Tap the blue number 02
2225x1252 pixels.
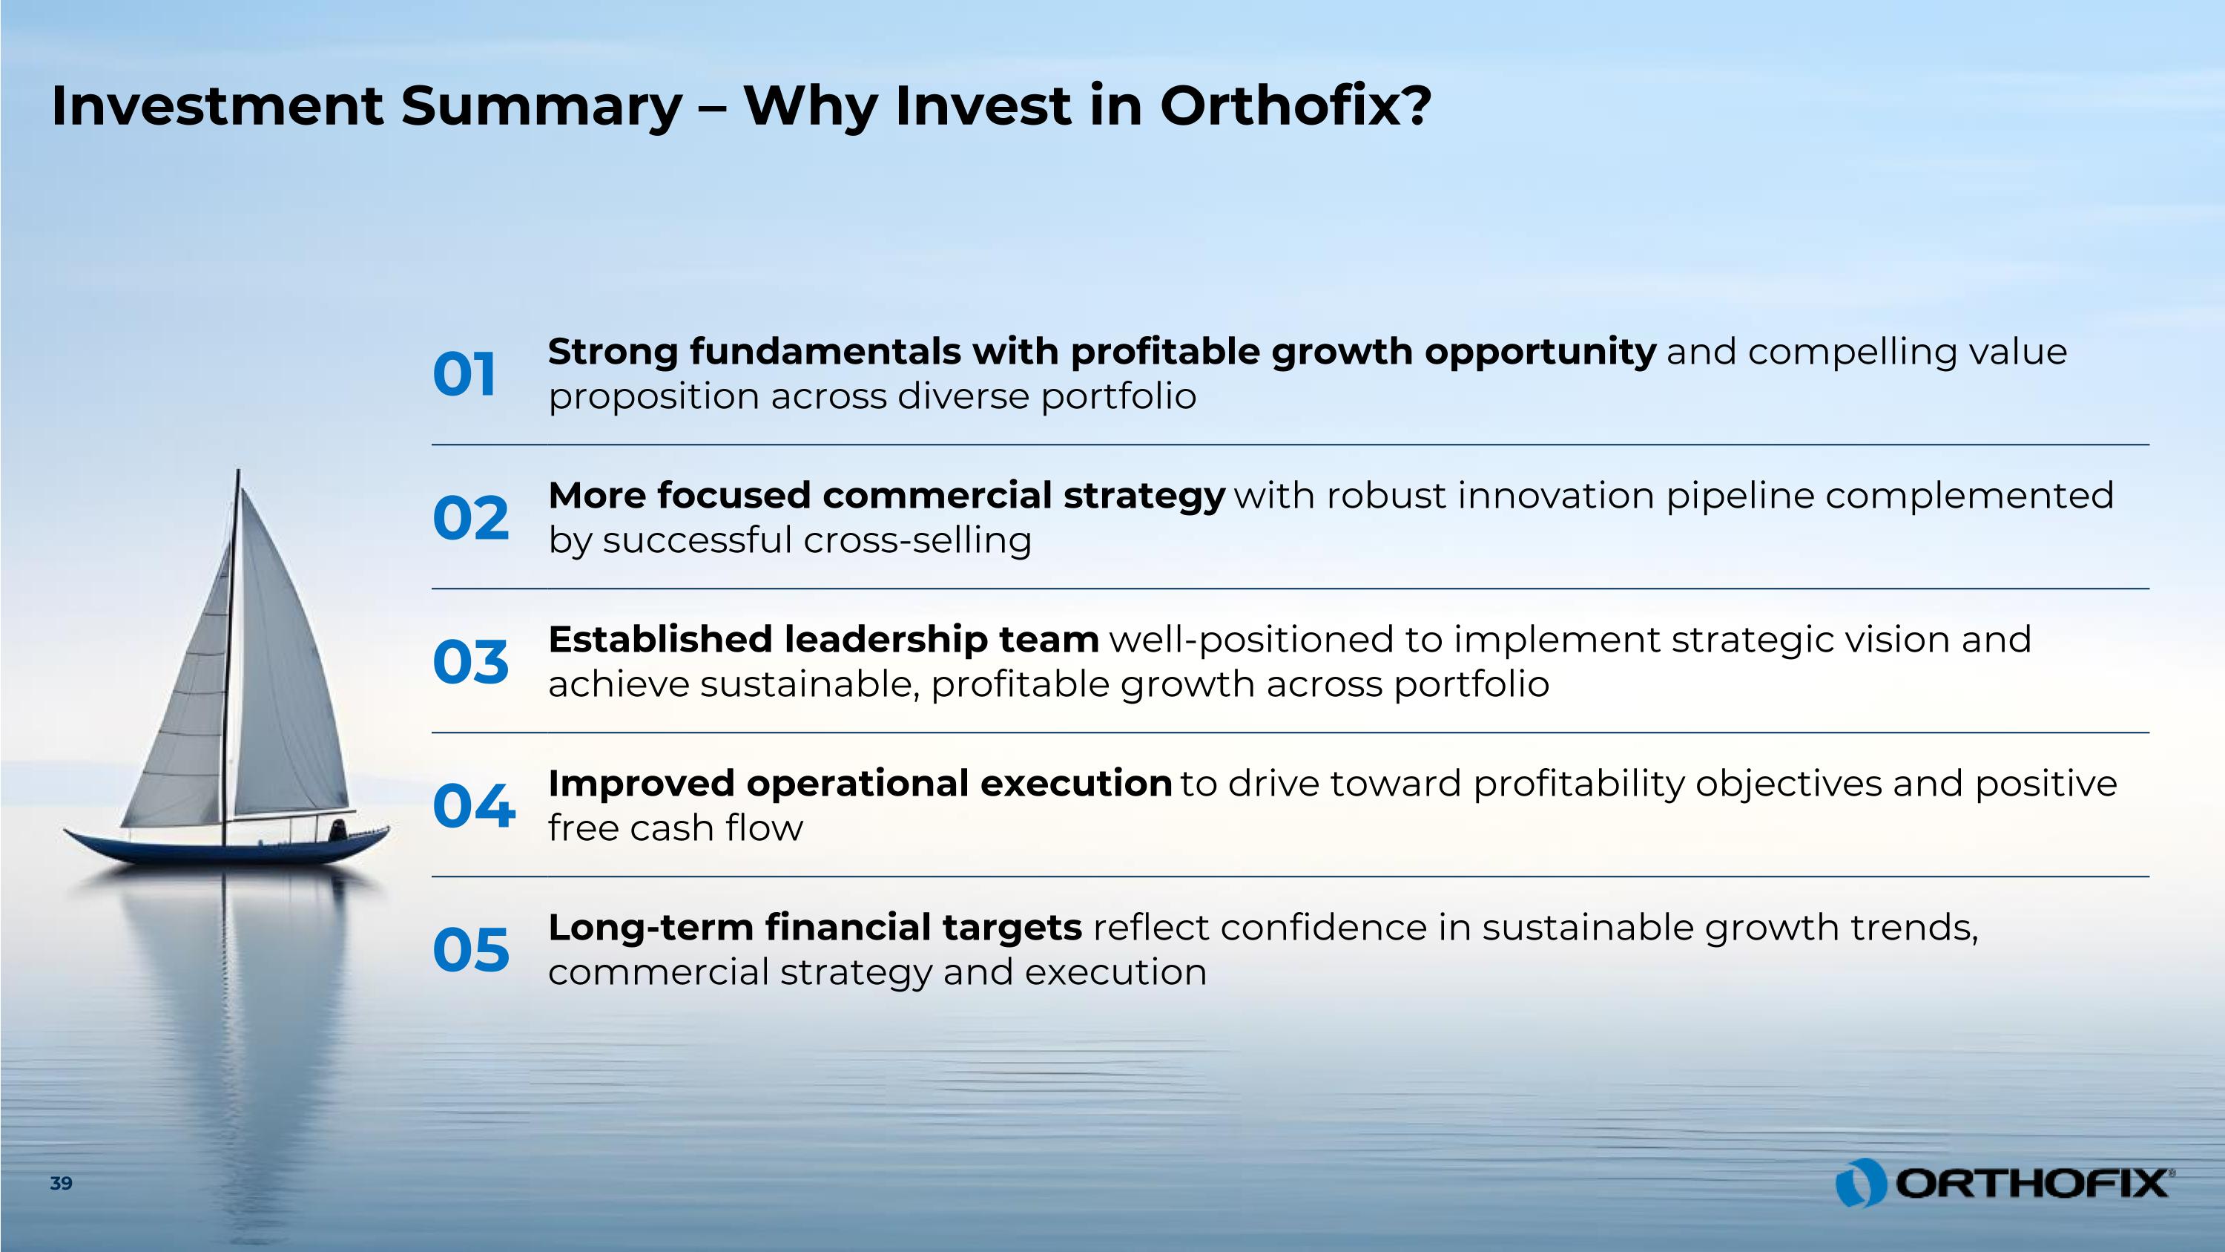[x=471, y=519]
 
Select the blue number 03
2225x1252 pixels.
[x=471, y=663]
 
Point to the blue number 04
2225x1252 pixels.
[x=474, y=806]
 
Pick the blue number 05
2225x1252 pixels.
[x=471, y=951]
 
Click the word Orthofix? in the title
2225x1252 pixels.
[x=1296, y=105]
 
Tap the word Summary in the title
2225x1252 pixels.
[x=541, y=107]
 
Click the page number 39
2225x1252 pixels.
[x=62, y=1184]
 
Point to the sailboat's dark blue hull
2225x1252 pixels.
[x=226, y=848]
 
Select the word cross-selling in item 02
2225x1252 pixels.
[x=917, y=541]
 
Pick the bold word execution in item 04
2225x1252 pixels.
[x=1076, y=784]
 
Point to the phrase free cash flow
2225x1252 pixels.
[x=676, y=827]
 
